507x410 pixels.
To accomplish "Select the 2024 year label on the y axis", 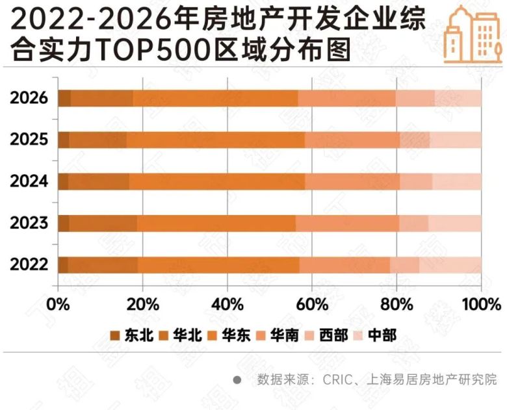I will point(29,181).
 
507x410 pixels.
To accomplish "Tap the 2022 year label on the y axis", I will point(29,265).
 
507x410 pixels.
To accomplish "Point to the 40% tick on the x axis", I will point(227,304).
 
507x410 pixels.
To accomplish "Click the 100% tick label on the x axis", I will point(481,304).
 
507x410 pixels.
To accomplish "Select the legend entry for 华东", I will point(229,335).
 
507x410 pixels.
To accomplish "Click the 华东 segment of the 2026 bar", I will point(215,98).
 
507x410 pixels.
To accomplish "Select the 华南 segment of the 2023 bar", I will point(347,224).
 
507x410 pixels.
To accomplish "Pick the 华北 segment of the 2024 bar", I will point(98,182).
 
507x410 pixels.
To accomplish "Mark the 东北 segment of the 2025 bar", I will point(64,140).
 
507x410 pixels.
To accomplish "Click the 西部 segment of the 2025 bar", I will point(415,140).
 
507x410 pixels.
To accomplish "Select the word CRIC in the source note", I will point(339,379).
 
